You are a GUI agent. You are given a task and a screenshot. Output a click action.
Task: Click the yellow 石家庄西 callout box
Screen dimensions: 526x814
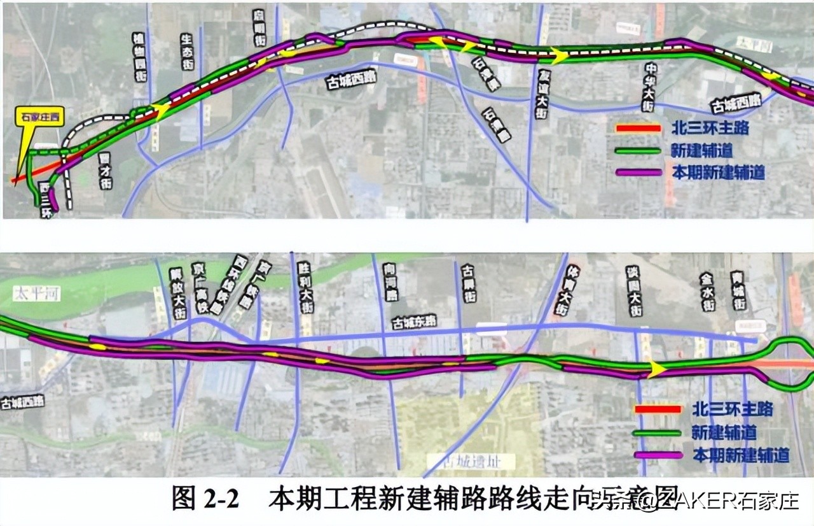pos(41,117)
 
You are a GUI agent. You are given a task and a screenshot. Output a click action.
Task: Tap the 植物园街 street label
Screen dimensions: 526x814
pos(140,57)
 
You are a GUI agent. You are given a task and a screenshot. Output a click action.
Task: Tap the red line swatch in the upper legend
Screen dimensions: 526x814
pos(638,129)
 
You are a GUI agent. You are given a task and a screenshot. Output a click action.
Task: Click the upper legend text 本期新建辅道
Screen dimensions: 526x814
pos(718,172)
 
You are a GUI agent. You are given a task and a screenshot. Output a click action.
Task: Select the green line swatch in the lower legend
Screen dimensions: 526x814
pos(658,432)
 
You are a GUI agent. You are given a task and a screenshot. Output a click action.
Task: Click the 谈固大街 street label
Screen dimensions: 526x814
pos(634,291)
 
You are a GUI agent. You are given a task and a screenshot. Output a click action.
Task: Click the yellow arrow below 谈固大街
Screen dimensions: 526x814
pos(656,369)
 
